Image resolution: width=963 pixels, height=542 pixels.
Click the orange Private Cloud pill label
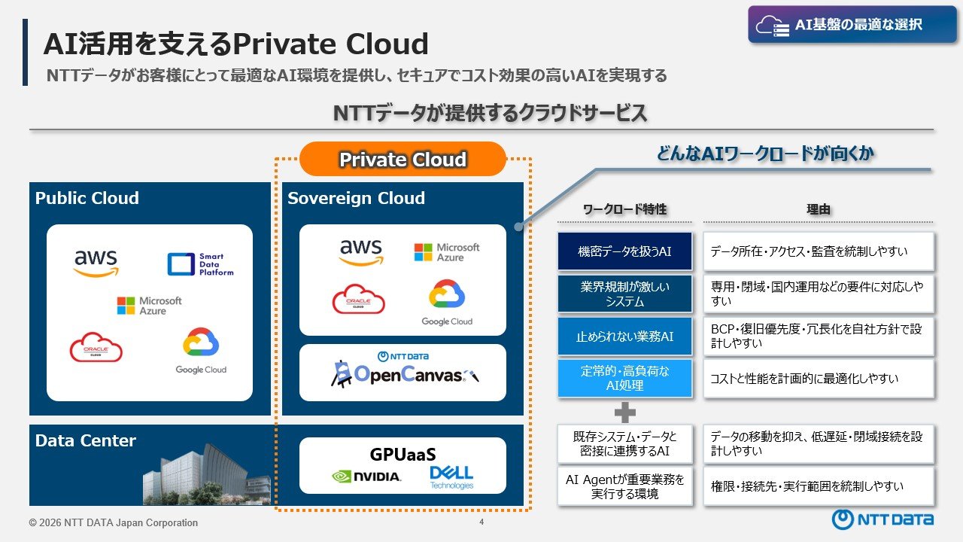(403, 159)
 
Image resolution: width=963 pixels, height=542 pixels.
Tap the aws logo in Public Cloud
(96, 263)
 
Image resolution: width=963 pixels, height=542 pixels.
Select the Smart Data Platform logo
(200, 264)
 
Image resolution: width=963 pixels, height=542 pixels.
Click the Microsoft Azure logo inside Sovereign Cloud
(446, 252)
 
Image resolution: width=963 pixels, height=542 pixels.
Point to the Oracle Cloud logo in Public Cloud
(96, 347)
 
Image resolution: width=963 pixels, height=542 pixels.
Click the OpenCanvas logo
(404, 370)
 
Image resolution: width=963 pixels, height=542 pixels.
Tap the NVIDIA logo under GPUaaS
(366, 477)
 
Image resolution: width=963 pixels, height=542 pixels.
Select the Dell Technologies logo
(451, 477)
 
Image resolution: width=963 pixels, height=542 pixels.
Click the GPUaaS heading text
(403, 454)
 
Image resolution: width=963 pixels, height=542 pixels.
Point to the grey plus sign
(624, 413)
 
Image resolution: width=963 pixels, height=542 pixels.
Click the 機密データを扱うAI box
(624, 251)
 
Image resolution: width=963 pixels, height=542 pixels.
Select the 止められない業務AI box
(624, 336)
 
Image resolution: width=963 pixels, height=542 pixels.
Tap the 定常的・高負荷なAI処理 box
(624, 379)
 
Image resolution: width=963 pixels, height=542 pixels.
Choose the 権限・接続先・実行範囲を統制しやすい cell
(819, 486)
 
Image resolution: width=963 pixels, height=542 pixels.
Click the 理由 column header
(818, 209)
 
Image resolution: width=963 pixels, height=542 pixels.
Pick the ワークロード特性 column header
(624, 209)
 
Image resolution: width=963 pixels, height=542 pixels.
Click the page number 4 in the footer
(481, 522)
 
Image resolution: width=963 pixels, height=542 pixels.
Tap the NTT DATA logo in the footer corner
(882, 519)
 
